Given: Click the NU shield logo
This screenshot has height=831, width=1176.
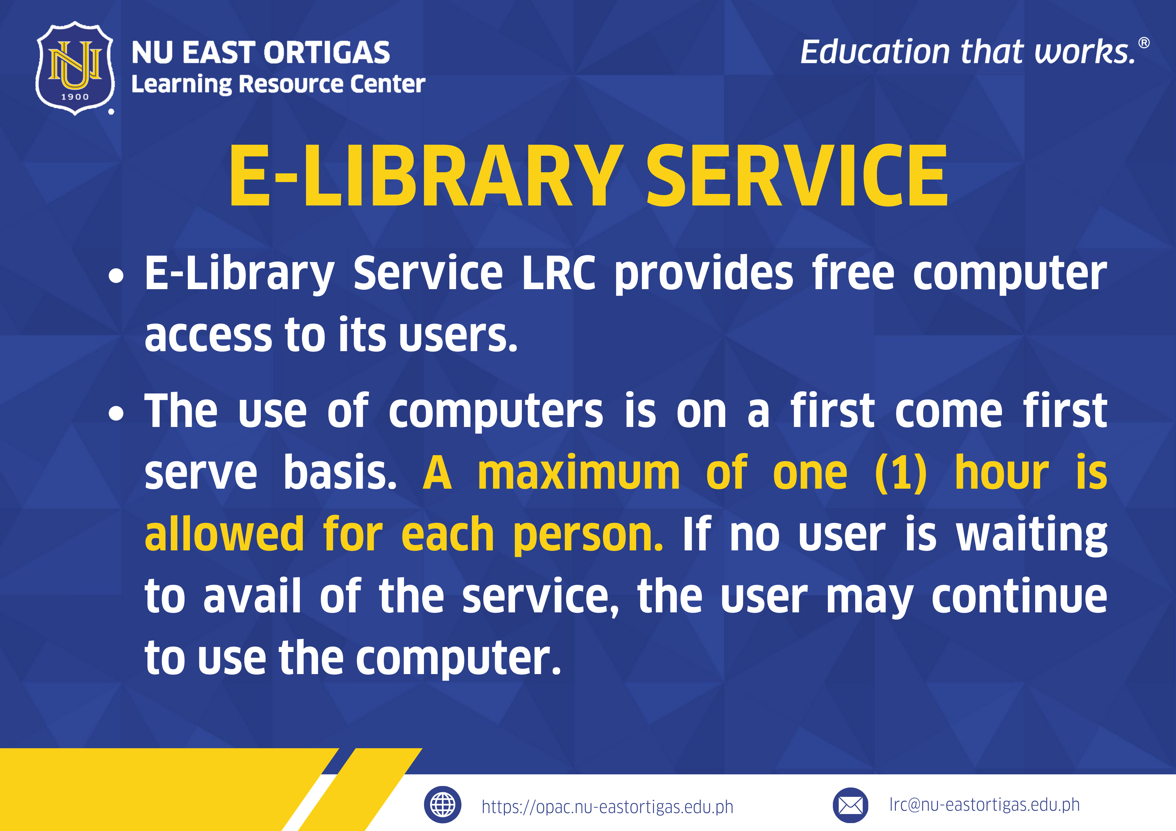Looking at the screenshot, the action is tap(75, 68).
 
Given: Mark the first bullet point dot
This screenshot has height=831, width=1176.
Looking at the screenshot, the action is tap(117, 275).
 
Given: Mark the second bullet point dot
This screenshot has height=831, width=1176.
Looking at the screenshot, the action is tap(117, 413).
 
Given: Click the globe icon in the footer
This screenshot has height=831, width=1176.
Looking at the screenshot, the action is tap(442, 804).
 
